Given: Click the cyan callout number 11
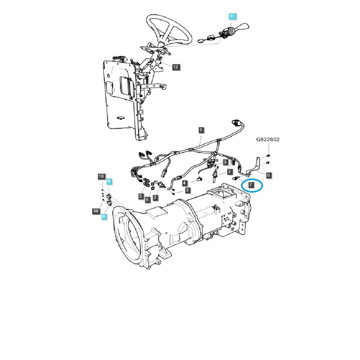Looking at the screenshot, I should [x=232, y=16].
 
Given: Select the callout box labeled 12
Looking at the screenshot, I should [x=175, y=67].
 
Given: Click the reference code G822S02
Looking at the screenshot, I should [x=268, y=140].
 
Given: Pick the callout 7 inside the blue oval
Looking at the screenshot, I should [x=252, y=185].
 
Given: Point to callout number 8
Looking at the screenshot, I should [x=268, y=175].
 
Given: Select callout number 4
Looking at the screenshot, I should [x=184, y=183].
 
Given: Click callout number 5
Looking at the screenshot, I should [x=141, y=197].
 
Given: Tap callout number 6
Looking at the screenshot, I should [x=147, y=199].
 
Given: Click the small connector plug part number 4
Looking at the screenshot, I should [x=197, y=179].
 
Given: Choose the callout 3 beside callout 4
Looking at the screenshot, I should [x=187, y=190].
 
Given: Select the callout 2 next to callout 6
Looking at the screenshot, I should [x=155, y=198].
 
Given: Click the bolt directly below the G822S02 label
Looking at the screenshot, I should [x=268, y=155].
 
